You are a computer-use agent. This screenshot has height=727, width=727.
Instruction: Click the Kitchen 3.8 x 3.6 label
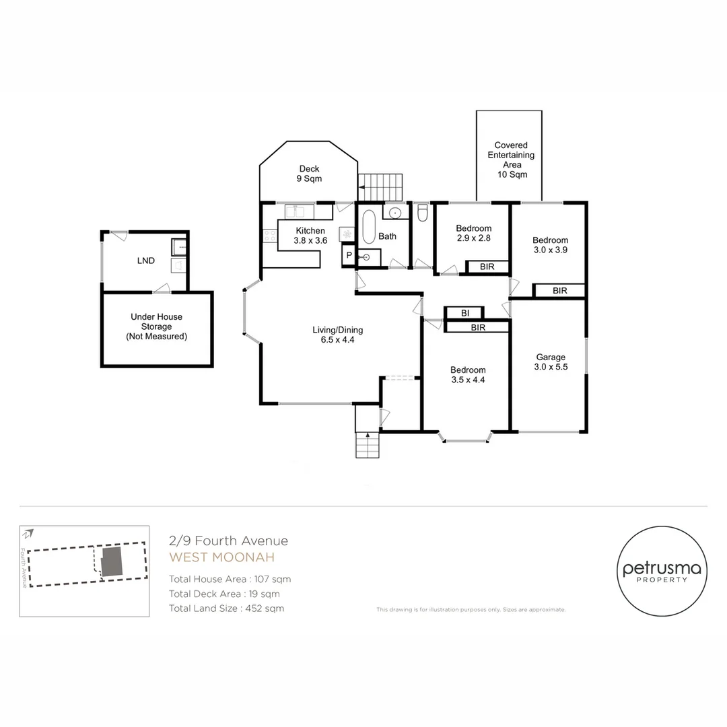click(310, 236)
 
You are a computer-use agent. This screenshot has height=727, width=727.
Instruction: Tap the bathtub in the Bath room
click(368, 228)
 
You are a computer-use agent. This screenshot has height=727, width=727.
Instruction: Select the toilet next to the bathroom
click(422, 213)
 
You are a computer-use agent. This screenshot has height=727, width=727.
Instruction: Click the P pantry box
click(349, 256)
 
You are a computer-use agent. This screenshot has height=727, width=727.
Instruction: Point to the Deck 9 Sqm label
click(309, 174)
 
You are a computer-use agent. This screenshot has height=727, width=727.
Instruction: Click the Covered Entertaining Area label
click(511, 160)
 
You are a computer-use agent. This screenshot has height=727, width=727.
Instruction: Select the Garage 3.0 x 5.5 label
click(550, 362)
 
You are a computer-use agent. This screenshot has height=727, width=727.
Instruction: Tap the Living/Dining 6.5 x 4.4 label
click(337, 335)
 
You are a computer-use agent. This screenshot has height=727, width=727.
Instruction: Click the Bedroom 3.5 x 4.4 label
click(468, 374)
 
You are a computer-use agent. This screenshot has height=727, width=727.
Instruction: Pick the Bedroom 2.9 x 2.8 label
click(473, 233)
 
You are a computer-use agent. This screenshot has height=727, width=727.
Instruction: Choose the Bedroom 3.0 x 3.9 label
click(550, 245)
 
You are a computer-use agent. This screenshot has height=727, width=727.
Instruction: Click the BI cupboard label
click(464, 313)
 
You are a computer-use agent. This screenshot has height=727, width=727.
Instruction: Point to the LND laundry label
click(146, 261)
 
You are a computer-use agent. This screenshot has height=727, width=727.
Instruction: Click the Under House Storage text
click(156, 326)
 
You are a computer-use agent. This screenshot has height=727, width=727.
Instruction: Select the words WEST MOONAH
click(221, 557)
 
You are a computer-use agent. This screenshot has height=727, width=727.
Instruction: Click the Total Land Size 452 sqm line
click(226, 609)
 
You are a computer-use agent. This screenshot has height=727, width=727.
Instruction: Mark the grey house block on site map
click(112, 561)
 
